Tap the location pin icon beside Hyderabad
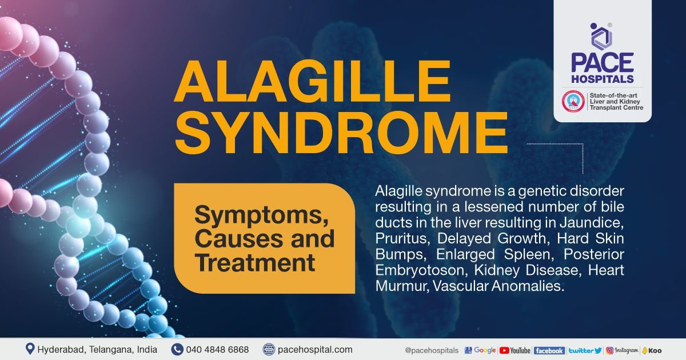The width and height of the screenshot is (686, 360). (30, 349)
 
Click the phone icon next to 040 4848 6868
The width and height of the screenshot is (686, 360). (177, 349)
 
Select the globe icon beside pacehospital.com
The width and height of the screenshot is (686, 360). (269, 349)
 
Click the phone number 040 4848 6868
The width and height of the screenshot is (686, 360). (218, 349)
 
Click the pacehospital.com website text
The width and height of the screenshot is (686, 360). (315, 349)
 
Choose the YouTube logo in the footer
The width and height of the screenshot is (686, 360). (514, 350)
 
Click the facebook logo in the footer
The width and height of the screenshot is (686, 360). (549, 350)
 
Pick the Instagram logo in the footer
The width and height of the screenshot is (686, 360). (622, 350)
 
